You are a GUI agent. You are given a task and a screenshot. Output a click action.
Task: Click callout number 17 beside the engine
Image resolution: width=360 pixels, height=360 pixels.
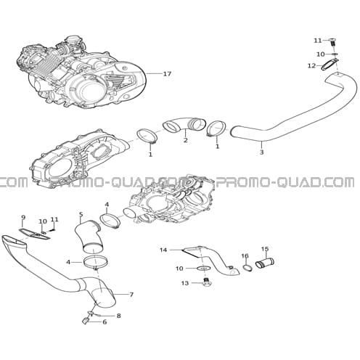point(167,73)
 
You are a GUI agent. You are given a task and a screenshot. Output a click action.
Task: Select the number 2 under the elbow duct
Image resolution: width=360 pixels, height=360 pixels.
point(185,140)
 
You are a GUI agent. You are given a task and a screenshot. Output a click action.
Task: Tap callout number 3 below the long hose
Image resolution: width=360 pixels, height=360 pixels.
point(261,152)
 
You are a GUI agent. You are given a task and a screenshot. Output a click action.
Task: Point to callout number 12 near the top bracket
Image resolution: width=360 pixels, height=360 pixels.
point(311,65)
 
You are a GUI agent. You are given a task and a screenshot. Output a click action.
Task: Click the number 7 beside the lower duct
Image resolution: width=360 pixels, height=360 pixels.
point(131,295)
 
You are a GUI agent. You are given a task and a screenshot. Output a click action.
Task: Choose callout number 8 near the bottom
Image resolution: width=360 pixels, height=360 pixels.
point(118,316)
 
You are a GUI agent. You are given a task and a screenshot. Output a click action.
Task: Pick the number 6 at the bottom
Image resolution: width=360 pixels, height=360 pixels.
point(105,322)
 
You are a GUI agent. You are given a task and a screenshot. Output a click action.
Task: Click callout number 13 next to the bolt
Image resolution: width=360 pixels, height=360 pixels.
point(185,283)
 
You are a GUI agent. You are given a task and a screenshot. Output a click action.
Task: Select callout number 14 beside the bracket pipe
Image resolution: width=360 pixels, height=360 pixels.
point(163,250)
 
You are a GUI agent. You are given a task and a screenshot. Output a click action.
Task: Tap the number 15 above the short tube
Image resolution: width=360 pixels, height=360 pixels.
point(265,248)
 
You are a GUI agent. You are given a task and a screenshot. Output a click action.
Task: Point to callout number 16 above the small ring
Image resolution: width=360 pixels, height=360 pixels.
point(245,255)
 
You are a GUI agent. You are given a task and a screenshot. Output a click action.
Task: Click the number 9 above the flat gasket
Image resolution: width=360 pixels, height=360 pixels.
point(23,217)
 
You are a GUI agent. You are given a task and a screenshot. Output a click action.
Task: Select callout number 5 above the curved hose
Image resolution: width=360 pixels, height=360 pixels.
point(81,214)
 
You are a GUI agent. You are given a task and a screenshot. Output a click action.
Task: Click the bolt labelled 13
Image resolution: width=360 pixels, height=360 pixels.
point(206,282)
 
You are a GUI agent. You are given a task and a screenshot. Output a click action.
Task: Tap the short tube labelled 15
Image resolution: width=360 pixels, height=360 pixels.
point(265,263)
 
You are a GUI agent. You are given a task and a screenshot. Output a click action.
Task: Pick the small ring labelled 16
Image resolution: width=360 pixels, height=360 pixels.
point(247,268)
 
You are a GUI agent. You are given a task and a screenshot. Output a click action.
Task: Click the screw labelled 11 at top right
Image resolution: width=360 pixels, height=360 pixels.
point(333,43)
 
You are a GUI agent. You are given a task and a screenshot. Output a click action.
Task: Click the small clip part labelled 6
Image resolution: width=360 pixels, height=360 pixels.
point(85,322)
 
